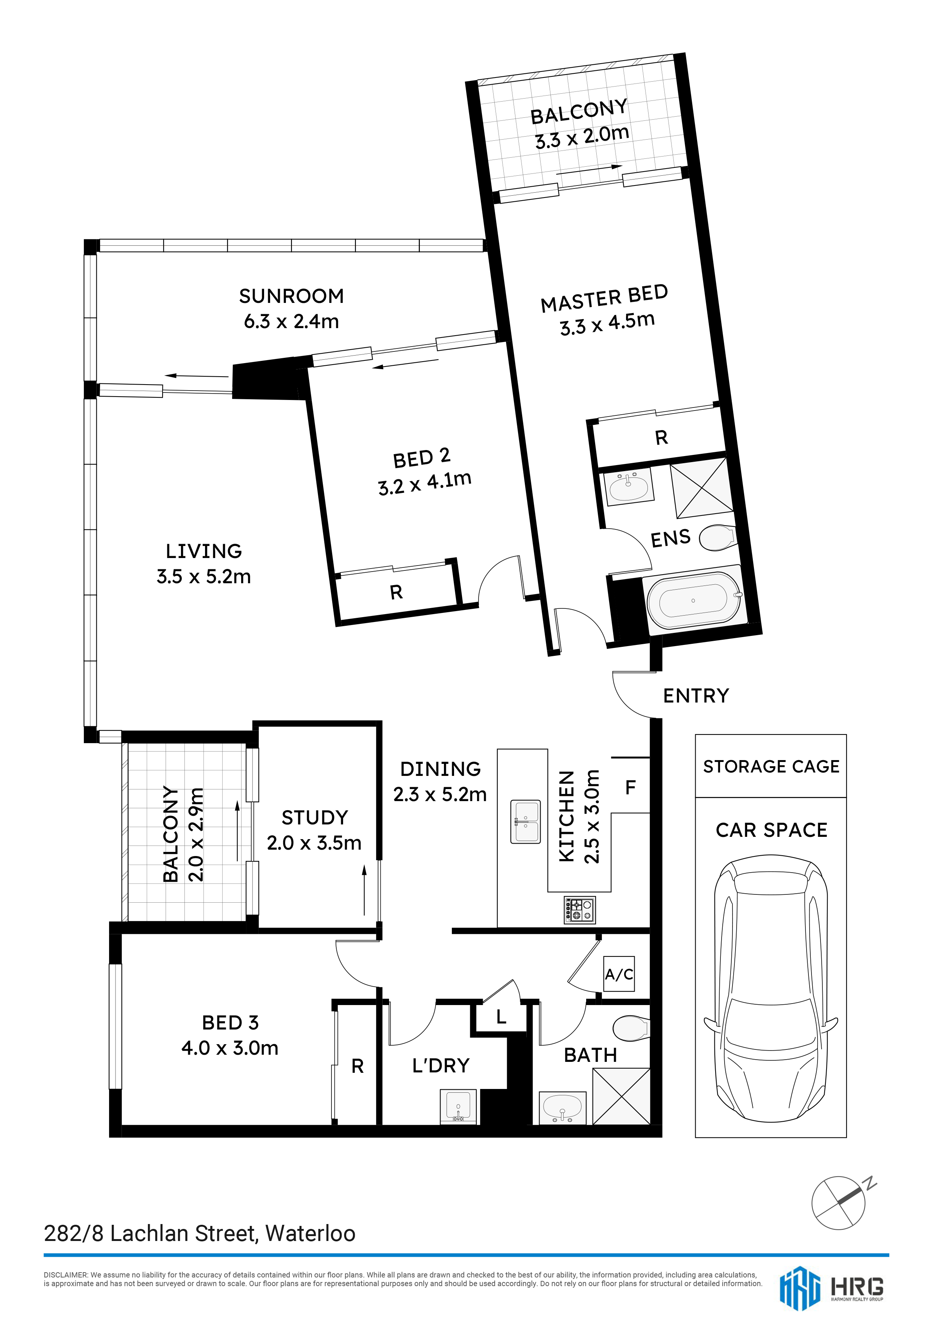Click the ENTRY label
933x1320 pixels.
coord(696,696)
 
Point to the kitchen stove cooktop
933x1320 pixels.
coord(579,910)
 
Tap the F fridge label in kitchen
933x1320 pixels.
coord(631,788)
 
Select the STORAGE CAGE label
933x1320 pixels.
coord(771,766)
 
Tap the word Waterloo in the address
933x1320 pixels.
coord(310,1234)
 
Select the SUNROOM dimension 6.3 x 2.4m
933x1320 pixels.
coord(292,321)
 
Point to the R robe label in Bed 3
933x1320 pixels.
coord(357,1066)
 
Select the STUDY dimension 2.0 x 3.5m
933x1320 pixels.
coord(315,843)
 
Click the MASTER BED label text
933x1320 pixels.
coord(604,298)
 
